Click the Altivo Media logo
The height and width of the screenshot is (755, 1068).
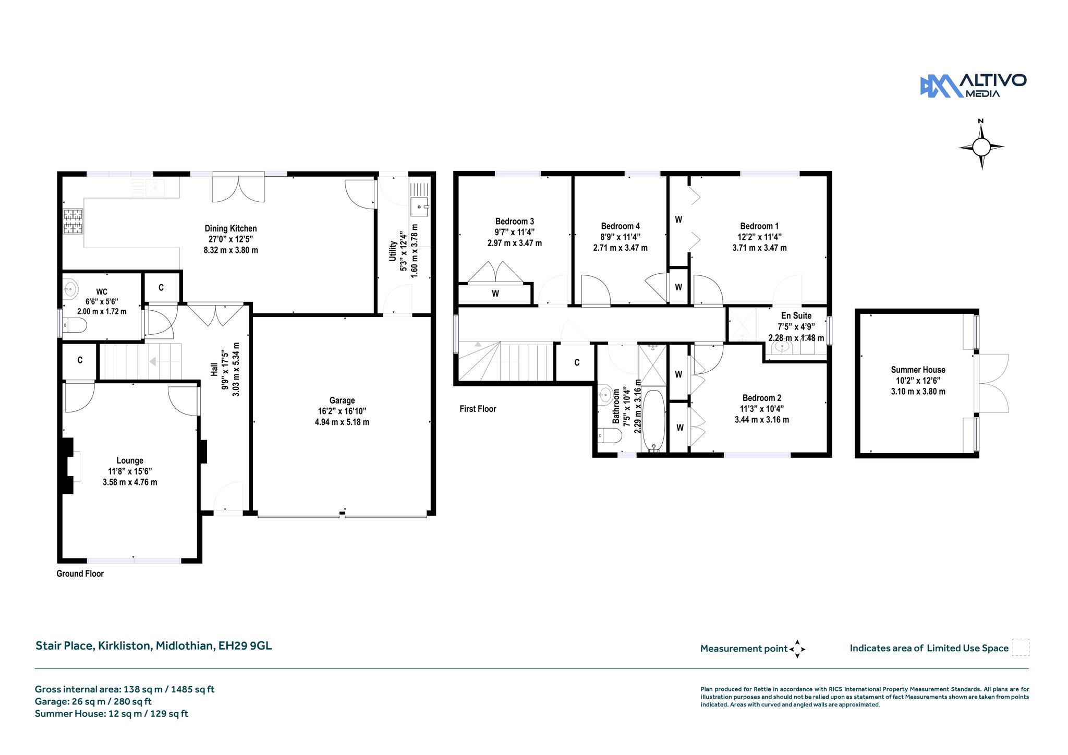pos(973,86)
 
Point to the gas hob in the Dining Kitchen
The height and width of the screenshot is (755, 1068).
pos(73,221)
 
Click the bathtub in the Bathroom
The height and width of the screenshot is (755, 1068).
pos(653,421)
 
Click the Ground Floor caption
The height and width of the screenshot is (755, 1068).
pos(80,574)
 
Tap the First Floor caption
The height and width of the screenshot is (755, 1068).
pos(478,409)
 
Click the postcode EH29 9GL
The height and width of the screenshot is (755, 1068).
pos(245,646)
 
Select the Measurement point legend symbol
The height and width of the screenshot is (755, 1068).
pos(797,649)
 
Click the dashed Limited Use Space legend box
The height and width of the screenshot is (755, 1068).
pos(1021,647)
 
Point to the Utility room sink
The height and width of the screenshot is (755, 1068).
pos(419,206)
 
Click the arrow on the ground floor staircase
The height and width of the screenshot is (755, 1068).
pos(153,361)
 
